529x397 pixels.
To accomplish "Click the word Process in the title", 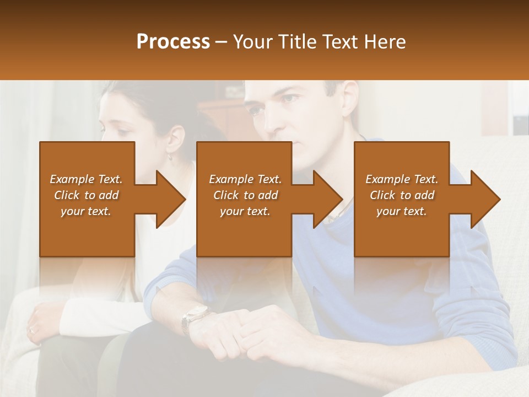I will (x=173, y=42).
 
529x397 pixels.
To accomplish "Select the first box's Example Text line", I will (x=86, y=179).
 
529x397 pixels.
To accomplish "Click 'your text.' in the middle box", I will (x=245, y=211).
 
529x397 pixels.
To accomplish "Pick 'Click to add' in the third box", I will (x=402, y=195).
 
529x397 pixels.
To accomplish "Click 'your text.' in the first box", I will (x=86, y=211).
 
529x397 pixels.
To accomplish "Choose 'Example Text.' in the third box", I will (x=402, y=179).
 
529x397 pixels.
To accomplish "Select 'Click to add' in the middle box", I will (x=245, y=195).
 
